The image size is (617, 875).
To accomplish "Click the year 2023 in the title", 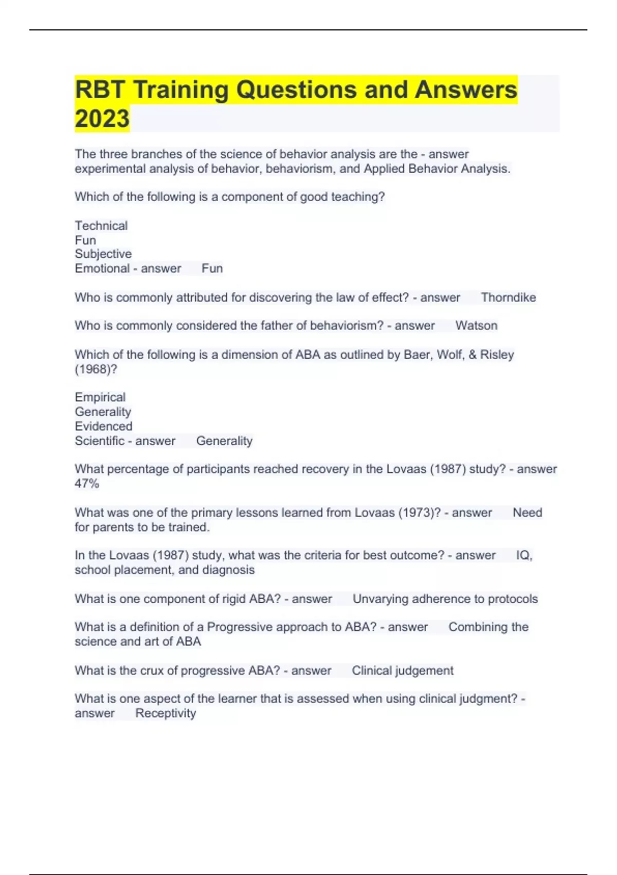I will pyautogui.click(x=102, y=118).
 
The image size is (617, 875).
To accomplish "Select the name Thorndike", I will pyautogui.click(x=508, y=297).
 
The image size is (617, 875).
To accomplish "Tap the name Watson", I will pyautogui.click(x=476, y=326).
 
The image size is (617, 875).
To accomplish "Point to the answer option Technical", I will pyautogui.click(x=101, y=225).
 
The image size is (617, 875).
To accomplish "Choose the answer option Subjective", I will pyautogui.click(x=103, y=254).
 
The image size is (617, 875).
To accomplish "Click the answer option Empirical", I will pyautogui.click(x=100, y=397).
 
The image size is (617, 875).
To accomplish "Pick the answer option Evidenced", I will pyautogui.click(x=103, y=426).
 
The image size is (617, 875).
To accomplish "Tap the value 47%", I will pyautogui.click(x=86, y=484).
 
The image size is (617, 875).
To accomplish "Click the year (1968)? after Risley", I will pyautogui.click(x=96, y=369).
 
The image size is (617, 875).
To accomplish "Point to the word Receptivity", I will pyautogui.click(x=166, y=713).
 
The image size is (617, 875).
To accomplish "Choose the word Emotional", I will pyautogui.click(x=102, y=269).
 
